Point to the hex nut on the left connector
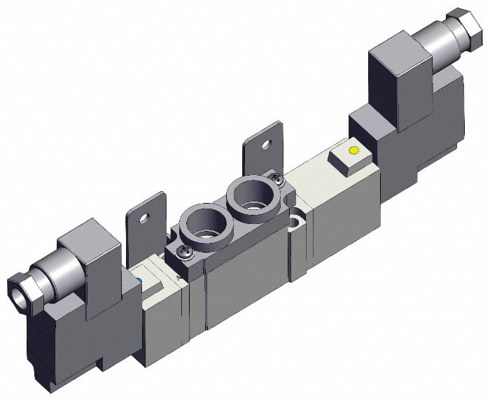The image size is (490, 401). tap(16, 289)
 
